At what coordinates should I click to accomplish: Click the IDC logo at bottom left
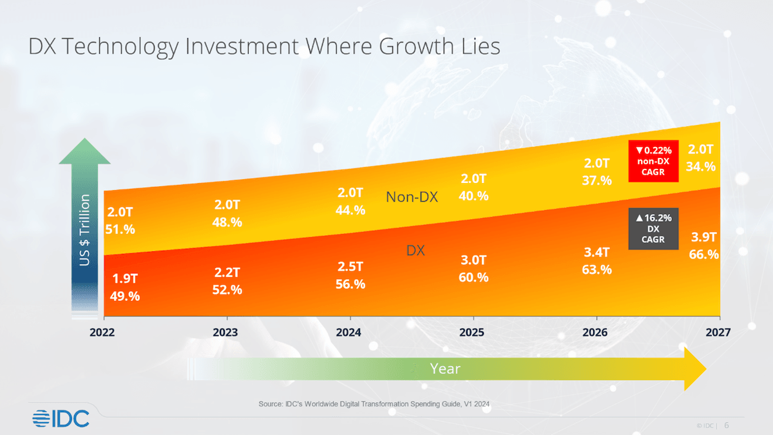(x=61, y=418)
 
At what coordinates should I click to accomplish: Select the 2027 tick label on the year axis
(x=717, y=333)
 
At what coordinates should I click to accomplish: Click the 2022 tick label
(x=104, y=333)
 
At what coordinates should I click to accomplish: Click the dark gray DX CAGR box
(x=653, y=229)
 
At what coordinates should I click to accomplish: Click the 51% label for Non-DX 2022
(x=120, y=229)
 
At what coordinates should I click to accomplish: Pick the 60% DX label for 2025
(x=473, y=278)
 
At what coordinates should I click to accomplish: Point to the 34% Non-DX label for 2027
(x=701, y=166)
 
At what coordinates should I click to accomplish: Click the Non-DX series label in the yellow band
(x=412, y=197)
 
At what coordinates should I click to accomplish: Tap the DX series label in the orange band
(x=415, y=250)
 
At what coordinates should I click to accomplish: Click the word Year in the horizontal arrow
(x=445, y=369)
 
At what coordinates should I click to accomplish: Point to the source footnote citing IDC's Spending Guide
(x=379, y=403)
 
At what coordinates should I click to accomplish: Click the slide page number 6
(x=727, y=425)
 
